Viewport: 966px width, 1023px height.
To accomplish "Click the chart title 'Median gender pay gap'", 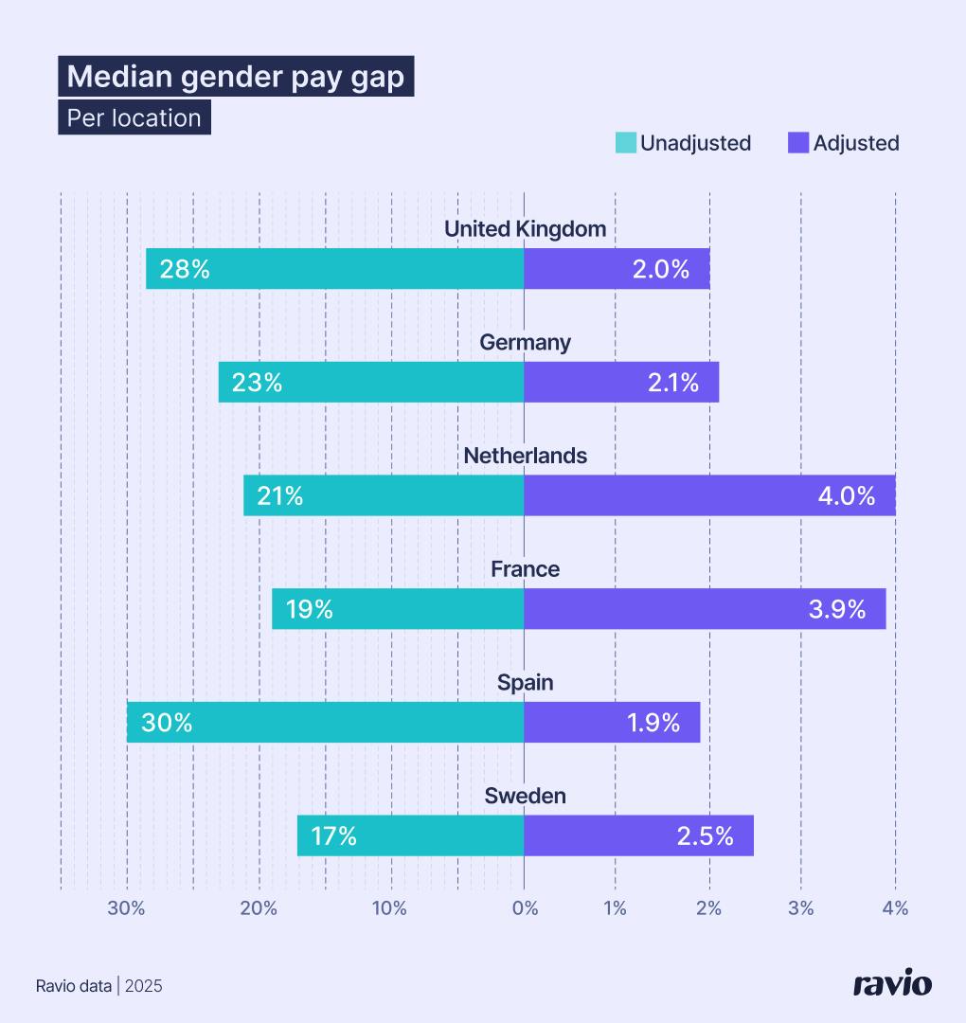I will tap(236, 77).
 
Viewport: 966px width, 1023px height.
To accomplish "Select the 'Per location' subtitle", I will tap(134, 118).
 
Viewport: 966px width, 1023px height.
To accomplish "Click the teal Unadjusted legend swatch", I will tap(626, 143).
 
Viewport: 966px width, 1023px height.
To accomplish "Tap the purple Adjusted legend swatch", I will tap(798, 143).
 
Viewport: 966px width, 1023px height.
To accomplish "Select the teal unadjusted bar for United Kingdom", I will tap(334, 268).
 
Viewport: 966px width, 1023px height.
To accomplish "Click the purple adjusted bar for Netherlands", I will tap(708, 495).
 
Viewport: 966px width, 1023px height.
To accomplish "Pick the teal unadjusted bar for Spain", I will tap(325, 722).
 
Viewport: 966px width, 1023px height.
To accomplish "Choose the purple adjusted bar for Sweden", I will tap(638, 835).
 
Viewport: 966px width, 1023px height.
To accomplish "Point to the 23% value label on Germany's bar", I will tap(257, 383).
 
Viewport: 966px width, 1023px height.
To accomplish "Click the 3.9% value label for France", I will tap(836, 609).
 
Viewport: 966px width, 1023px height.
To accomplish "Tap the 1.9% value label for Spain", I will tap(653, 723).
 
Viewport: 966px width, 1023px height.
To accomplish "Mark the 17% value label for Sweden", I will tap(332, 836).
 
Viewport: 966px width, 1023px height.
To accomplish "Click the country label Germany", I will tap(525, 342).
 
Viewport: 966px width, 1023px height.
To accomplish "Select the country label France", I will tap(525, 569).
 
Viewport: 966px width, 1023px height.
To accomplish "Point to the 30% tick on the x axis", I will tap(126, 908).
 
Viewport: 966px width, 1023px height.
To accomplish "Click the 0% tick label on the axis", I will tap(525, 908).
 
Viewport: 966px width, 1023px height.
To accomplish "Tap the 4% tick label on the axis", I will tap(895, 908).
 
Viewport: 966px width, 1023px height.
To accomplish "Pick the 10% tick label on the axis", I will tap(389, 908).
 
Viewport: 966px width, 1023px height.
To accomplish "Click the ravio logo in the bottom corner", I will tap(892, 984).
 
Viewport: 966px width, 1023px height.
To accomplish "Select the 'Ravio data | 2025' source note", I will tap(99, 986).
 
